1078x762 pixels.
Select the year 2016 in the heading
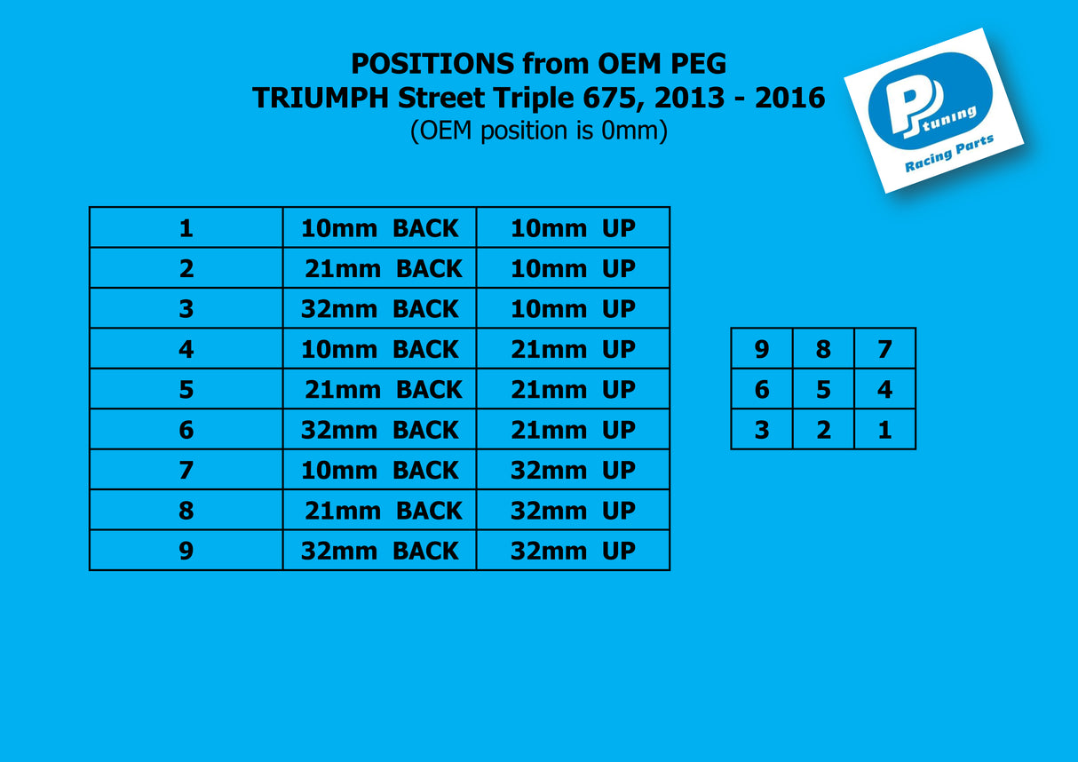coord(789,98)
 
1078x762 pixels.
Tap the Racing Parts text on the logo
coord(949,155)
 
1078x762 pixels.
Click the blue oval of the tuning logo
coord(929,100)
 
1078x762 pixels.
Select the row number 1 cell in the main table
coord(186,228)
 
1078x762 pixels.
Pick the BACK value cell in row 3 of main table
coord(380,309)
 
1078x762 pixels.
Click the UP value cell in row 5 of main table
coord(573,390)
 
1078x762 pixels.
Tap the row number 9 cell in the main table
coord(186,551)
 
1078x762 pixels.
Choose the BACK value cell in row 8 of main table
coord(380,511)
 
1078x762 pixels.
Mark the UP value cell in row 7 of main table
coord(573,470)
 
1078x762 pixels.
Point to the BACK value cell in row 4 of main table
coord(380,350)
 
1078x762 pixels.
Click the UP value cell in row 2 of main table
coord(573,269)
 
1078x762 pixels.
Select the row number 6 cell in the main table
coord(186,430)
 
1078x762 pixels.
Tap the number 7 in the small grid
coord(884,349)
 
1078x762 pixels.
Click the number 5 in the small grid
coord(823,390)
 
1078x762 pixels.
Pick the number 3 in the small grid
coord(762,430)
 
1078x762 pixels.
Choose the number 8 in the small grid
coord(823,349)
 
